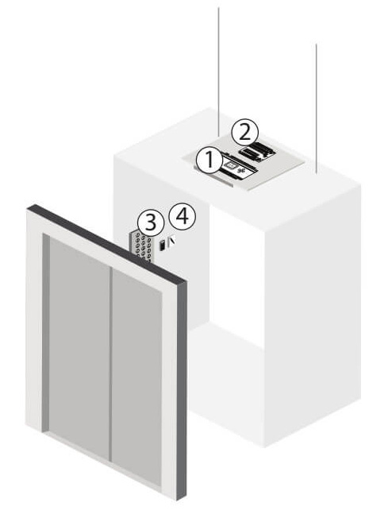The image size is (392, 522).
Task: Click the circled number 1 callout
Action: pyautogui.click(x=209, y=161)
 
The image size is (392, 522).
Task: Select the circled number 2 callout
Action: pyautogui.click(x=245, y=133)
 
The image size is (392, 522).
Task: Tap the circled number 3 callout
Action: pyautogui.click(x=151, y=222)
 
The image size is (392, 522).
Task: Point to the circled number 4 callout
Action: pyautogui.click(x=183, y=217)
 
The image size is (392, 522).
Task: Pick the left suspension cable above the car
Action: pyautogui.click(x=218, y=72)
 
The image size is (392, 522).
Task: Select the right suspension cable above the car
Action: pyautogui.click(x=316, y=109)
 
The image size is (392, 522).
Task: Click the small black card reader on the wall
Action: pyautogui.click(x=162, y=246)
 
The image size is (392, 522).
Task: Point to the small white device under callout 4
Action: pyautogui.click(x=171, y=242)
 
